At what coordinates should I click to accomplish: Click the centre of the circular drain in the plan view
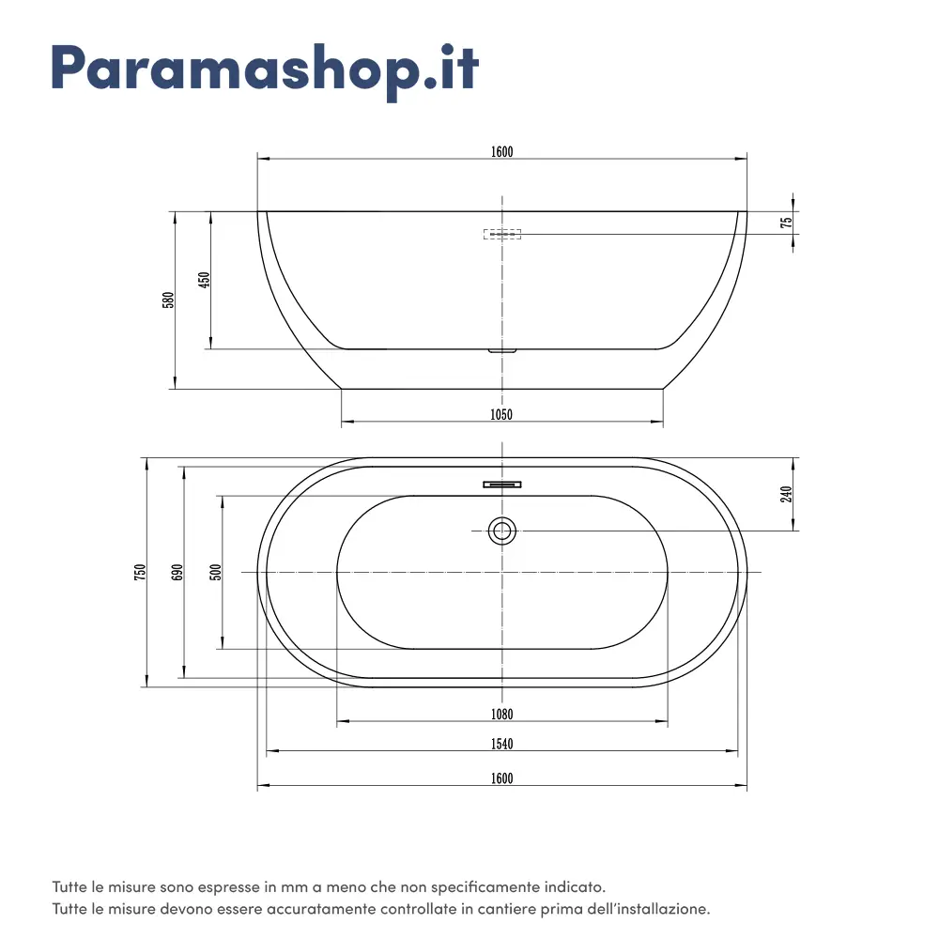(x=501, y=531)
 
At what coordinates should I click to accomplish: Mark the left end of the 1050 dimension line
(x=342, y=422)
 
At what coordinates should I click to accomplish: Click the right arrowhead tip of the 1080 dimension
(x=668, y=721)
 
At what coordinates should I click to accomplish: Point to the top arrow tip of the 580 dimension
(x=175, y=211)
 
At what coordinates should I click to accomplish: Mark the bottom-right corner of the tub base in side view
(x=663, y=389)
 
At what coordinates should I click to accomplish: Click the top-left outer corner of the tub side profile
(x=257, y=211)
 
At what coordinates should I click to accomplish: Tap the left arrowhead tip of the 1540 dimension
(x=267, y=750)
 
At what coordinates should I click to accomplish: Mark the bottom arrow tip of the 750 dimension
(x=146, y=687)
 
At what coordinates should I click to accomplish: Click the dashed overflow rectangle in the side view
(x=501, y=234)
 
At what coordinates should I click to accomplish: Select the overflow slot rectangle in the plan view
(x=501, y=485)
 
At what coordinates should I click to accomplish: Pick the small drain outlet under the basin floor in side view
(x=501, y=351)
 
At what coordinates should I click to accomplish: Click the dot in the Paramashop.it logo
(x=429, y=84)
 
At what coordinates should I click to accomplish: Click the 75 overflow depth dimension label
(x=786, y=223)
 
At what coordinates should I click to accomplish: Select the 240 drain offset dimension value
(x=786, y=494)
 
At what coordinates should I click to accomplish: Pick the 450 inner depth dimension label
(x=204, y=280)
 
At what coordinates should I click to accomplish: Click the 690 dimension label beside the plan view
(x=177, y=572)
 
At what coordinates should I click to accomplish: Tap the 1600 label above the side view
(x=501, y=151)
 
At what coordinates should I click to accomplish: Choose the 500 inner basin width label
(x=216, y=572)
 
